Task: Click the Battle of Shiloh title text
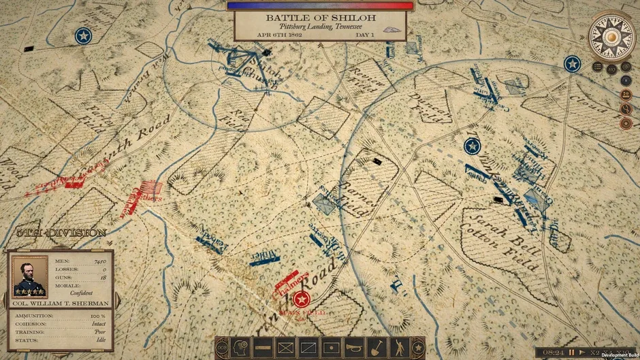pos(320,17)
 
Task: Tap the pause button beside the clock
pos(572,353)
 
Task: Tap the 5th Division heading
pos(62,233)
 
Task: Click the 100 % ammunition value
pos(99,316)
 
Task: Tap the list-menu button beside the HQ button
pos(597,67)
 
